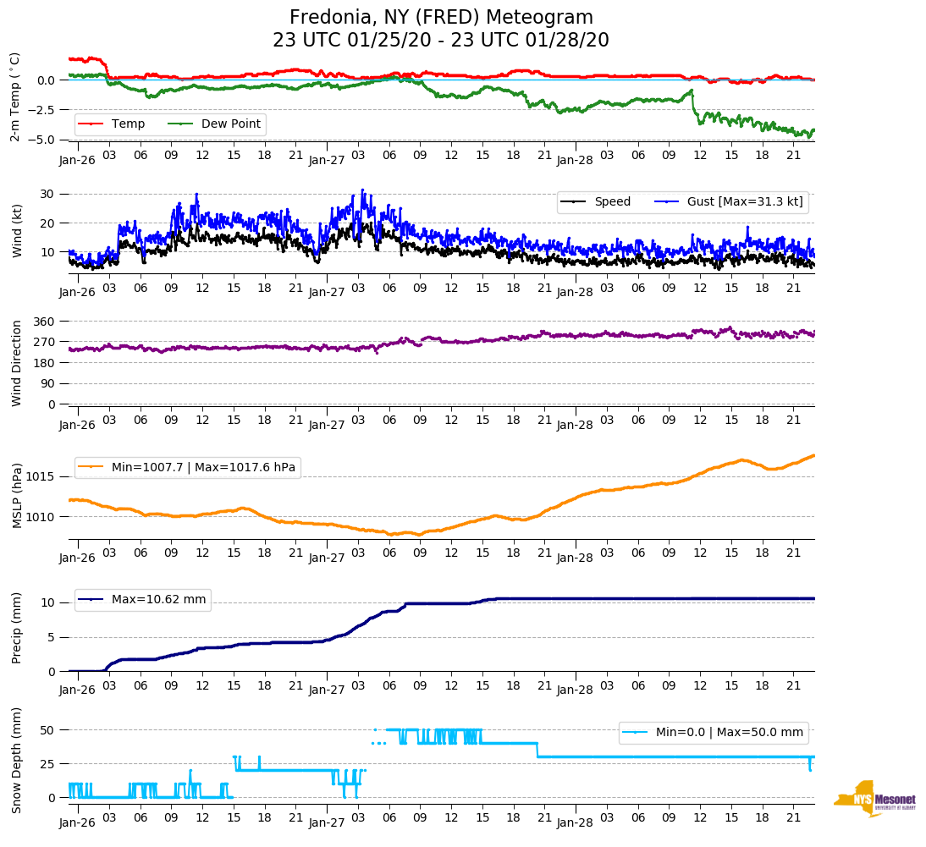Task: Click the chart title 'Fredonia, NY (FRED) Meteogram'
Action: coord(441,17)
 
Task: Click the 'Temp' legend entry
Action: coord(128,124)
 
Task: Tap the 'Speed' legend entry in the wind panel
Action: coord(612,201)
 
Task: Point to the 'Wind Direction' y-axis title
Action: coord(18,362)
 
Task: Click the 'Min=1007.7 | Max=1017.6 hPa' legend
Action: coord(204,467)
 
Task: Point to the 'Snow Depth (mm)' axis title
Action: coord(18,760)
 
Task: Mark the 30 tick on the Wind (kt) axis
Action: coord(47,194)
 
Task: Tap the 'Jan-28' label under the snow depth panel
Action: coord(574,822)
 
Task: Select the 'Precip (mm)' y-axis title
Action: coord(18,627)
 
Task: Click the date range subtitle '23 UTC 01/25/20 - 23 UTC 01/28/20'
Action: coord(441,40)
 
